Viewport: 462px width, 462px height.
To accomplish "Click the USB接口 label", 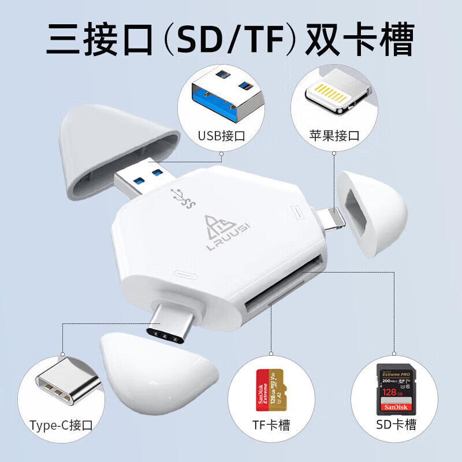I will tap(222, 136).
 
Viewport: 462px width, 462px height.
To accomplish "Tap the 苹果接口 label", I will tap(334, 136).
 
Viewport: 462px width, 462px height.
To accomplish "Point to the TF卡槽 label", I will tap(270, 426).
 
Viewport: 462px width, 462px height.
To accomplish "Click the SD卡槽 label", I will tap(395, 426).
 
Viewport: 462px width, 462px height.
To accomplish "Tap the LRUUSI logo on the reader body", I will tap(219, 231).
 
